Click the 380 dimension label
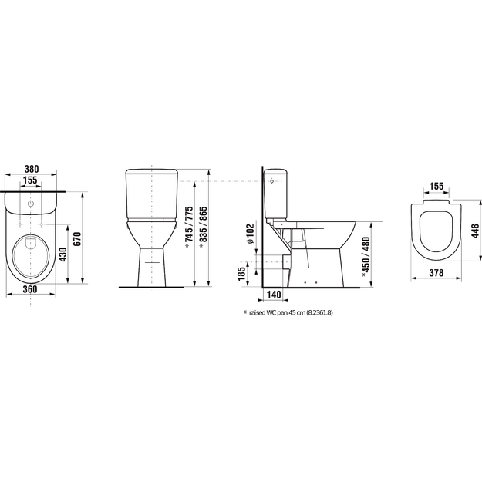point(32,169)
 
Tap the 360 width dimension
point(30,289)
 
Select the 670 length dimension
point(77,238)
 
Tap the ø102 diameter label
point(251,234)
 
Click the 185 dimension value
point(241,272)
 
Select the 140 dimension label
point(274,295)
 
